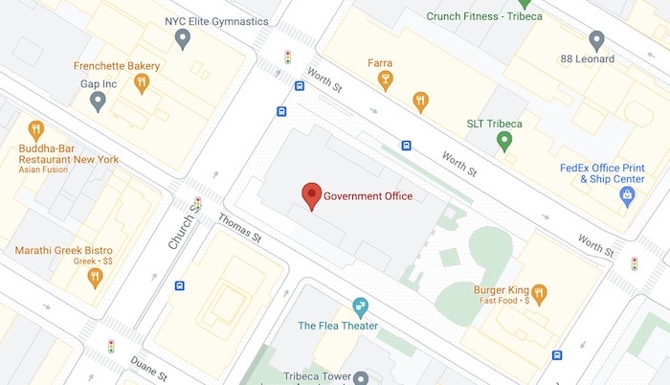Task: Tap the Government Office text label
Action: [x=368, y=196]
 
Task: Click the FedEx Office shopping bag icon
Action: [x=628, y=197]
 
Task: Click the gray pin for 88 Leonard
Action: [x=596, y=40]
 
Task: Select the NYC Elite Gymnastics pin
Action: [x=183, y=38]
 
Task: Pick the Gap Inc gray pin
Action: [x=97, y=101]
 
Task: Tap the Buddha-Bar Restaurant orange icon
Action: [x=36, y=130]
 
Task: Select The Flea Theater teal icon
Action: [x=360, y=306]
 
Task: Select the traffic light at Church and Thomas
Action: [x=198, y=203]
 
